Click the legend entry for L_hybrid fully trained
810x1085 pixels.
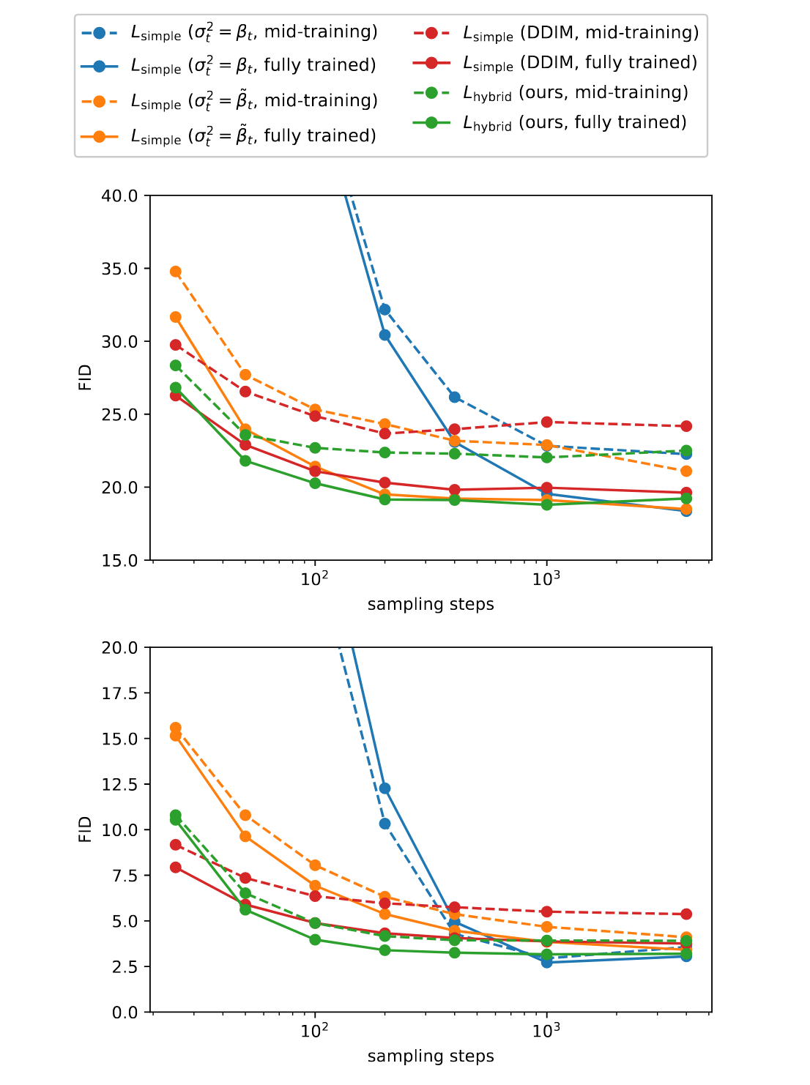point(574,122)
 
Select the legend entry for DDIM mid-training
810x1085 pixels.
point(580,33)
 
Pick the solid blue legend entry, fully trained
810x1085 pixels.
point(253,65)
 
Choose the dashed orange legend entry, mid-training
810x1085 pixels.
point(253,100)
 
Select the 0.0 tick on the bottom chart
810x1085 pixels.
point(126,1012)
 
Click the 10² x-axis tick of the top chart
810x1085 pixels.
point(315,579)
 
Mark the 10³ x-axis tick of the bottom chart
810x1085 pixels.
point(546,1031)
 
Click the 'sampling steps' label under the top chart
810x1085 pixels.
point(431,605)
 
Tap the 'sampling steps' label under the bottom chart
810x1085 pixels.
point(431,1056)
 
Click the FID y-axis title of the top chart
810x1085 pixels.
point(86,377)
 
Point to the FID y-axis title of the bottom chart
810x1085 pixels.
point(86,829)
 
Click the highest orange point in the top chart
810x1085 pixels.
point(176,272)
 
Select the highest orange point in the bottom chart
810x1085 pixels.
point(176,728)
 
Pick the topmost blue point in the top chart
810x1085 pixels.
point(384,310)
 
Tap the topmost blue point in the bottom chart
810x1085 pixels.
point(384,788)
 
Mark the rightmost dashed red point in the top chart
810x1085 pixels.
point(686,426)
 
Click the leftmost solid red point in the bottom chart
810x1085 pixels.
point(176,867)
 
